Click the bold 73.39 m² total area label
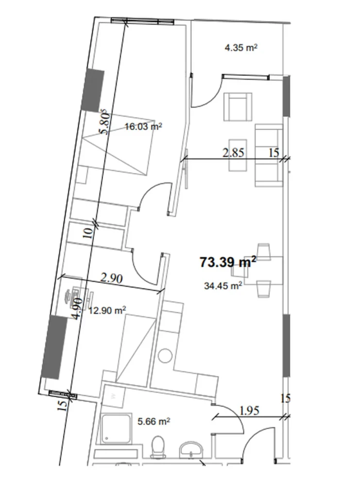tap(228, 263)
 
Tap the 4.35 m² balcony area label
tap(240, 48)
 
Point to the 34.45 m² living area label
tap(223, 286)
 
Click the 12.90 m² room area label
tap(107, 310)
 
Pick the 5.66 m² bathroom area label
tap(154, 422)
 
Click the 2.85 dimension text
tap(233, 153)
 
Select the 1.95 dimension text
tap(249, 411)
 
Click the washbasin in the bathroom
tap(191, 448)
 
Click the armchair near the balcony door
tap(238, 107)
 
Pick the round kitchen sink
tap(165, 355)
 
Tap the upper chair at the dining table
tap(264, 251)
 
